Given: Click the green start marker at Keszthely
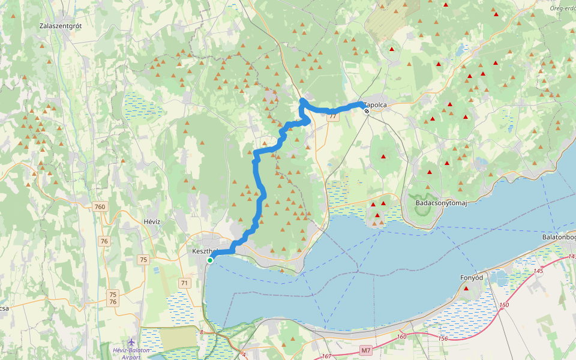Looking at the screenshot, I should pos(210,260).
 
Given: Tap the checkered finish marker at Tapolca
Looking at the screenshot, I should pos(366,111).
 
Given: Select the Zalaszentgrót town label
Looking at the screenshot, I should pos(60,26).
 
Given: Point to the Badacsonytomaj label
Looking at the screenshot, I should pos(441,203).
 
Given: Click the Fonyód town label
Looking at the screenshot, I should pos(471,278).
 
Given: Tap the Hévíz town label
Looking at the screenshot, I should pos(152,221).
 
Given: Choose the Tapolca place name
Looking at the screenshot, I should pos(376,104).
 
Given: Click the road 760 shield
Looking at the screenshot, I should pos(100,207).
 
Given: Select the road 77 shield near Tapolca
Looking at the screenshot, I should pos(332,116).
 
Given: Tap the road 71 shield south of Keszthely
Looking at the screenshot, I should pos(184,283).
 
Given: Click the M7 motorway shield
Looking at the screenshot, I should pos(366,350).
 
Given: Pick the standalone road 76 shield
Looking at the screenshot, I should pos(105,241).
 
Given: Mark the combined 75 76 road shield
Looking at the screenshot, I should pos(113,298).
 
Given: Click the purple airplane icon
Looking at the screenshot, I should pos(131,343).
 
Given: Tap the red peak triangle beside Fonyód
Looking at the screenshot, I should pos(466,289).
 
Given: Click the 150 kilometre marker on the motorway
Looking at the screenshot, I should pos(504,305).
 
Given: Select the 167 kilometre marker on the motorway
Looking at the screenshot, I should pos(326,356).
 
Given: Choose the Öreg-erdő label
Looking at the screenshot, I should pos(562,8).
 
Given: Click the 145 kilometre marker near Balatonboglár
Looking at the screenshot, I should pos(537,271).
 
